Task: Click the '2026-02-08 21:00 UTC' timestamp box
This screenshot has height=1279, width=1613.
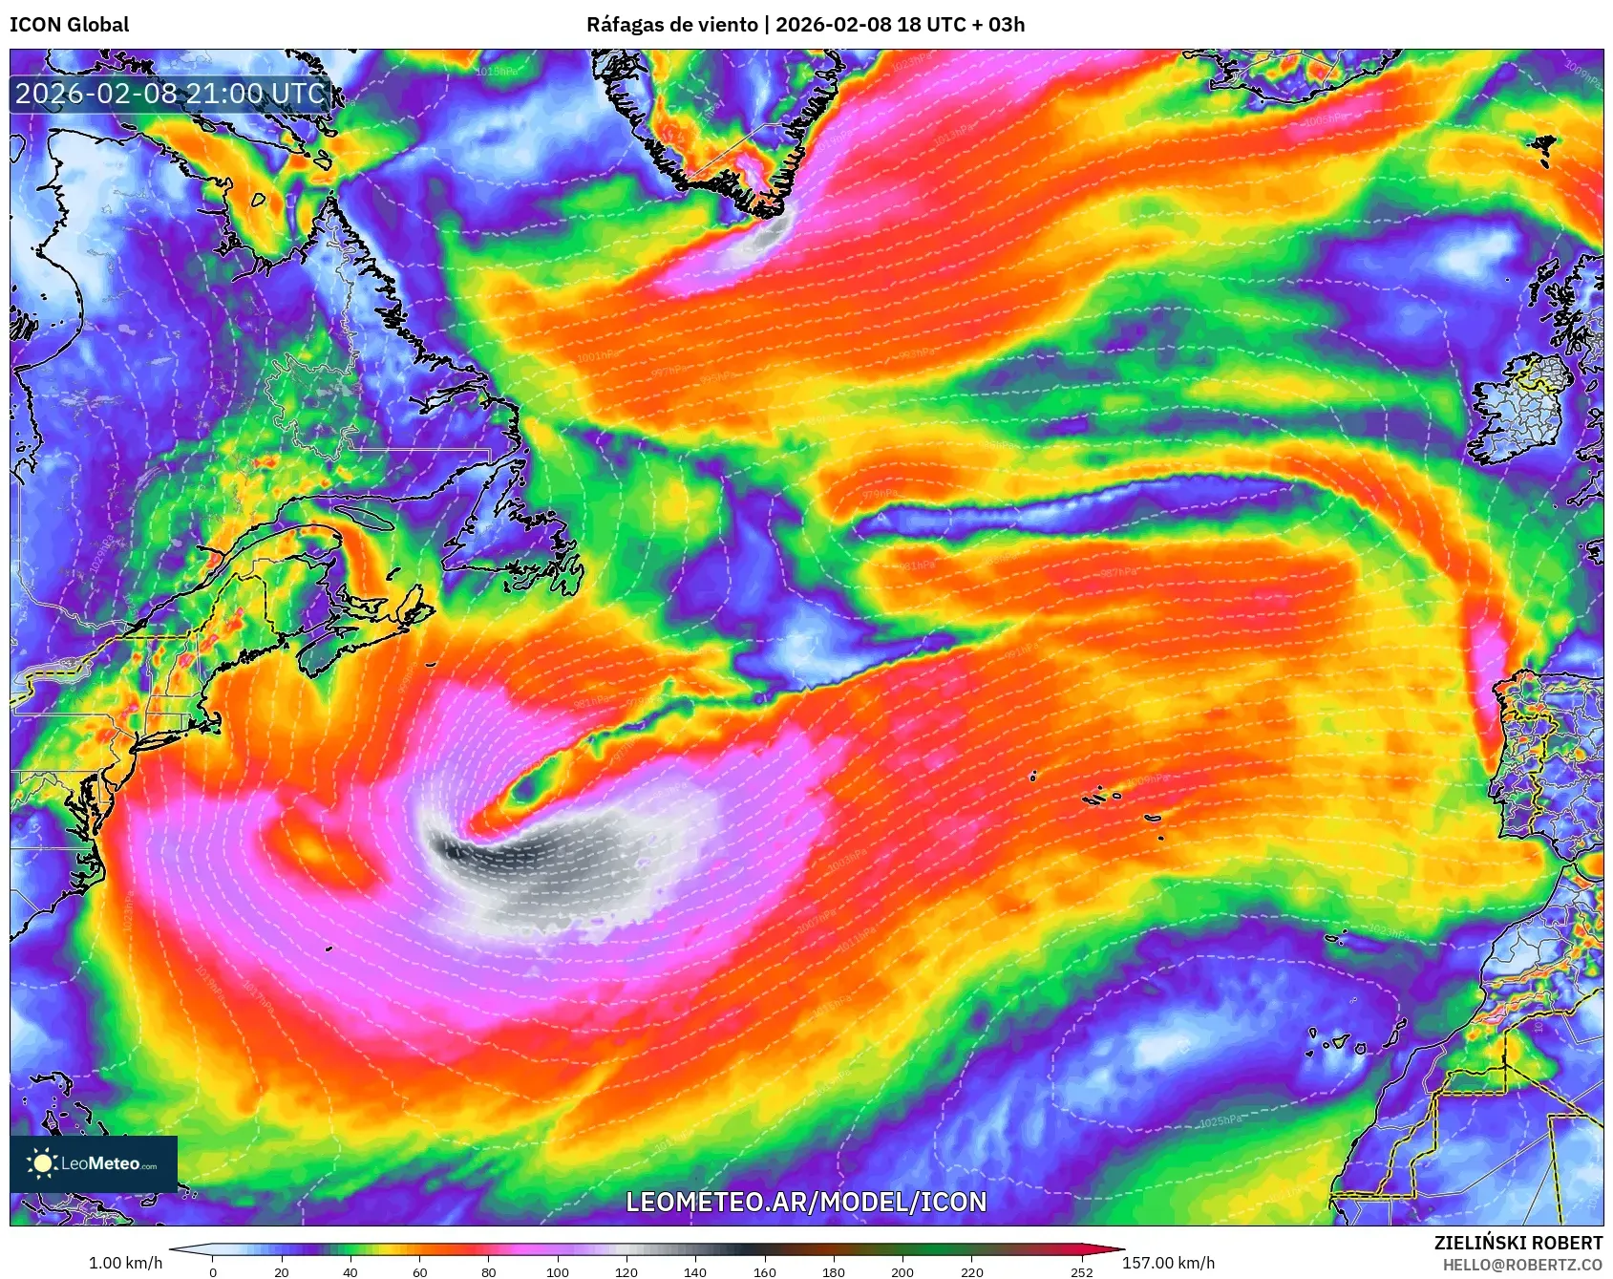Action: click(170, 94)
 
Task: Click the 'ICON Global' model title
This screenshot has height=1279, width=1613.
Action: click(69, 24)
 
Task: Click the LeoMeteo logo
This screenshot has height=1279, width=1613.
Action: click(94, 1163)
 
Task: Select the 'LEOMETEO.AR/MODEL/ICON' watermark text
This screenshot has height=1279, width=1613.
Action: click(806, 1202)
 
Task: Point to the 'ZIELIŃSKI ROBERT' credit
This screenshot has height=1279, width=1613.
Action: click(1517, 1243)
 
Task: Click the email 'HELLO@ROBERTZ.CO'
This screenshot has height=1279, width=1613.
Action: click(1521, 1265)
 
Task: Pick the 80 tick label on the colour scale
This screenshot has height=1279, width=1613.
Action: click(489, 1272)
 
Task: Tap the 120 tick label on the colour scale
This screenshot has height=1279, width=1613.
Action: click(626, 1272)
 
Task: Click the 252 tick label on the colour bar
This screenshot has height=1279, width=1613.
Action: click(1081, 1272)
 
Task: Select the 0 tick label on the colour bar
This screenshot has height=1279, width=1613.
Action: click(212, 1272)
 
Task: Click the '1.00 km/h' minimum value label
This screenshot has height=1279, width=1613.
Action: click(125, 1263)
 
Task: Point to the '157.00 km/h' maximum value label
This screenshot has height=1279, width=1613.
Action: click(1168, 1263)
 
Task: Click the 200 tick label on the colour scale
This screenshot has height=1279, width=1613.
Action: click(902, 1272)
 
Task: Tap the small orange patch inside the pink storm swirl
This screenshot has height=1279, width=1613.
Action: click(310, 844)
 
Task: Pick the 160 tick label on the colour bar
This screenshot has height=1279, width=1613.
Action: click(764, 1272)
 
